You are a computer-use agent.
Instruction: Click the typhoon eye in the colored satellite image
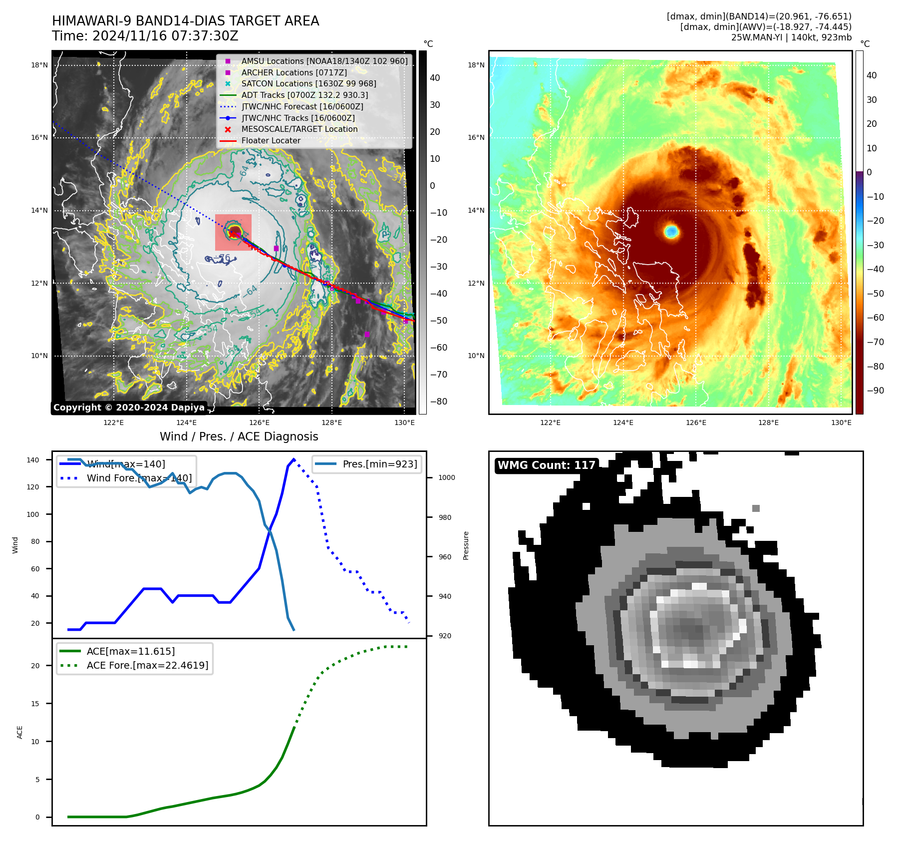point(671,231)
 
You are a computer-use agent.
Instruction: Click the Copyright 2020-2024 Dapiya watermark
point(129,408)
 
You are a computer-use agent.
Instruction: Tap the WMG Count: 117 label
point(546,465)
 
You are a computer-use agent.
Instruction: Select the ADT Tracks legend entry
point(304,95)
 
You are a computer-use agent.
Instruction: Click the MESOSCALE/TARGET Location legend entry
point(299,129)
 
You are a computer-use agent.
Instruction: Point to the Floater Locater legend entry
point(271,140)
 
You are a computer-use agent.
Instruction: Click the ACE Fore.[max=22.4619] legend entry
point(147,665)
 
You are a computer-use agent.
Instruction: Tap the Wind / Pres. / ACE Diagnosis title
point(239,436)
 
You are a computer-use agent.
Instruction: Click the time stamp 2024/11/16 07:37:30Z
point(165,36)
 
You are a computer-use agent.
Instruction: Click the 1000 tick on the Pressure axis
point(446,477)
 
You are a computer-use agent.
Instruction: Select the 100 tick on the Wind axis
point(33,514)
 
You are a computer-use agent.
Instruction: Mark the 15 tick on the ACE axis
point(35,704)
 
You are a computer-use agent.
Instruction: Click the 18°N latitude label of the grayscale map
point(39,65)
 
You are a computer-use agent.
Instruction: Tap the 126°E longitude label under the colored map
point(696,422)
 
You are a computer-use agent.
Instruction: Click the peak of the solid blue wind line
point(294,459)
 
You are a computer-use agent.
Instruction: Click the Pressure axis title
point(466,545)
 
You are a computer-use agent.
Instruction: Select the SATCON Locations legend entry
point(308,83)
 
